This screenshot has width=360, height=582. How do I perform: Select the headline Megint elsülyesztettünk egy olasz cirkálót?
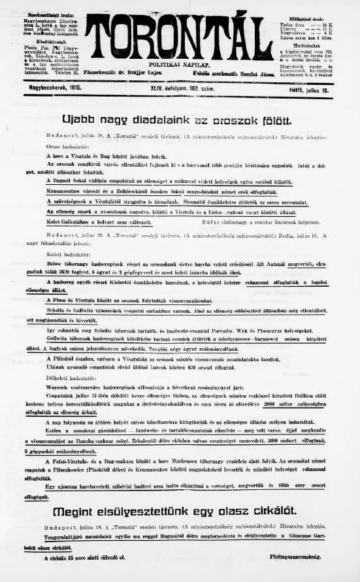pos(179,510)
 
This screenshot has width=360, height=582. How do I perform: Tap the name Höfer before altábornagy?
pos(222,220)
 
